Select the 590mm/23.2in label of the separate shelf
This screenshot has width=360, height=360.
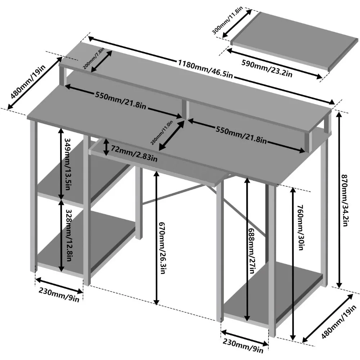[x=267, y=65]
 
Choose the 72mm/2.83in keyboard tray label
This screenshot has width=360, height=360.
[x=134, y=156]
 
